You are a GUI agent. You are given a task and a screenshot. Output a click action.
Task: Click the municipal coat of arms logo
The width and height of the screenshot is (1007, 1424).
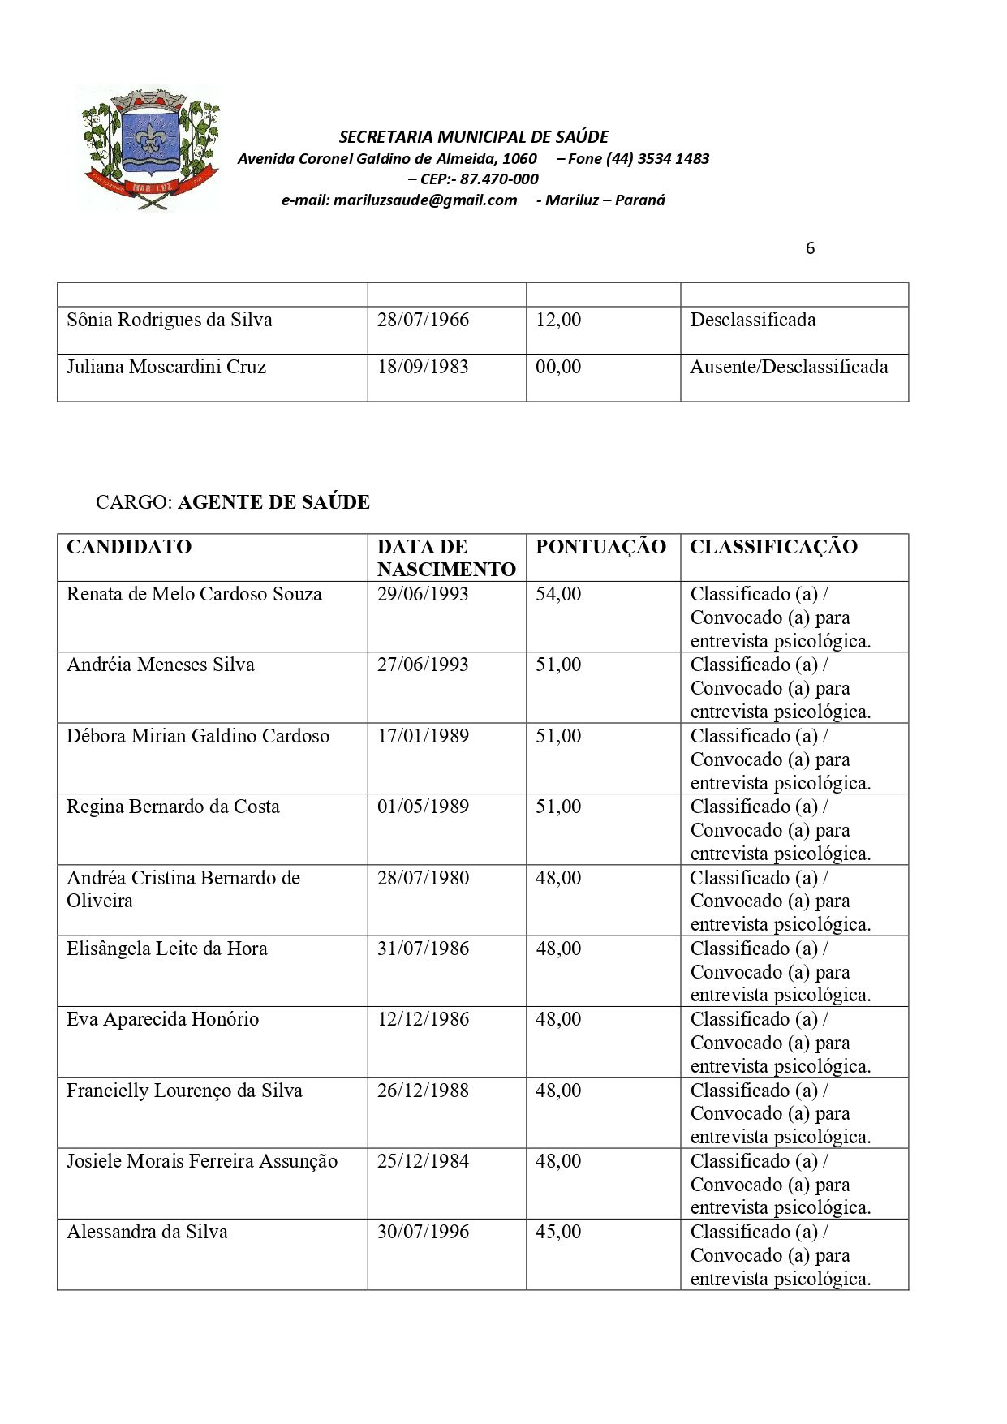click(x=149, y=147)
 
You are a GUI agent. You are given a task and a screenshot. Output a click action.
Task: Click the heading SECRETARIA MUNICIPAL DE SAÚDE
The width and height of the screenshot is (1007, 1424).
click(x=473, y=137)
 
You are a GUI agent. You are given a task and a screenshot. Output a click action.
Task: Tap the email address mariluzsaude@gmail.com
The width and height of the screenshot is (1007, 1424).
click(x=424, y=200)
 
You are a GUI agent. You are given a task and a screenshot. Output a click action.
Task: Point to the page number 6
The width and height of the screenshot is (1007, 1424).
click(x=810, y=249)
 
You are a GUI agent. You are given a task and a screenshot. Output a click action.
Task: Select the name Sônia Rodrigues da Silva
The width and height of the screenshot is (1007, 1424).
click(x=170, y=320)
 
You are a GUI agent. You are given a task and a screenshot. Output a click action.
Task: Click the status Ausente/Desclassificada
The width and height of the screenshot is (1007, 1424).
click(x=789, y=367)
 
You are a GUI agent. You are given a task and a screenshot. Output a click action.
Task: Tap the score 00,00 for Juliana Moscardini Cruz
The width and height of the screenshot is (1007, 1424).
click(x=558, y=367)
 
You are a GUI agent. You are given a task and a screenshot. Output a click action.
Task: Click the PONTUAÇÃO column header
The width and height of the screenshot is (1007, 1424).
click(x=600, y=547)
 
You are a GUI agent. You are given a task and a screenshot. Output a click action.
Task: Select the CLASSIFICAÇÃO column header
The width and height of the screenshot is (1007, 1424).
click(x=773, y=547)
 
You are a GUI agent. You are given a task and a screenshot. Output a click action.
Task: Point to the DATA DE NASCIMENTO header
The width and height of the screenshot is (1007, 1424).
click(x=445, y=558)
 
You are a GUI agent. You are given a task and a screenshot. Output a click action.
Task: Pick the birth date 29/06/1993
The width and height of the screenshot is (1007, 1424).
click(x=423, y=594)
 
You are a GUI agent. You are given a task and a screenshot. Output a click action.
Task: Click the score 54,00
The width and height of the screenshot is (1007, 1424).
click(x=558, y=594)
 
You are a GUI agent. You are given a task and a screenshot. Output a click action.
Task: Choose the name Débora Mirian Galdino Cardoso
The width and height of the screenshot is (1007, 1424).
click(x=198, y=736)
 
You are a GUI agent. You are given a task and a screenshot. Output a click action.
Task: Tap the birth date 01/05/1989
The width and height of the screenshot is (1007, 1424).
click(x=423, y=807)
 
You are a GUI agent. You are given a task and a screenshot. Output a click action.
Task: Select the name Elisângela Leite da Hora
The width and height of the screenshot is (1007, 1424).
click(x=167, y=949)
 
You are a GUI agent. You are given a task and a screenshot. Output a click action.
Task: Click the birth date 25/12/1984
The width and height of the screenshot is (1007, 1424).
click(x=423, y=1161)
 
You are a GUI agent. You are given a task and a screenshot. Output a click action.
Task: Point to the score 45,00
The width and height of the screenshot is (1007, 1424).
click(x=558, y=1232)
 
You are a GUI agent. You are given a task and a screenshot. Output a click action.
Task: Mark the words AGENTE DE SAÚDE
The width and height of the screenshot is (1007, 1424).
click(x=273, y=502)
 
